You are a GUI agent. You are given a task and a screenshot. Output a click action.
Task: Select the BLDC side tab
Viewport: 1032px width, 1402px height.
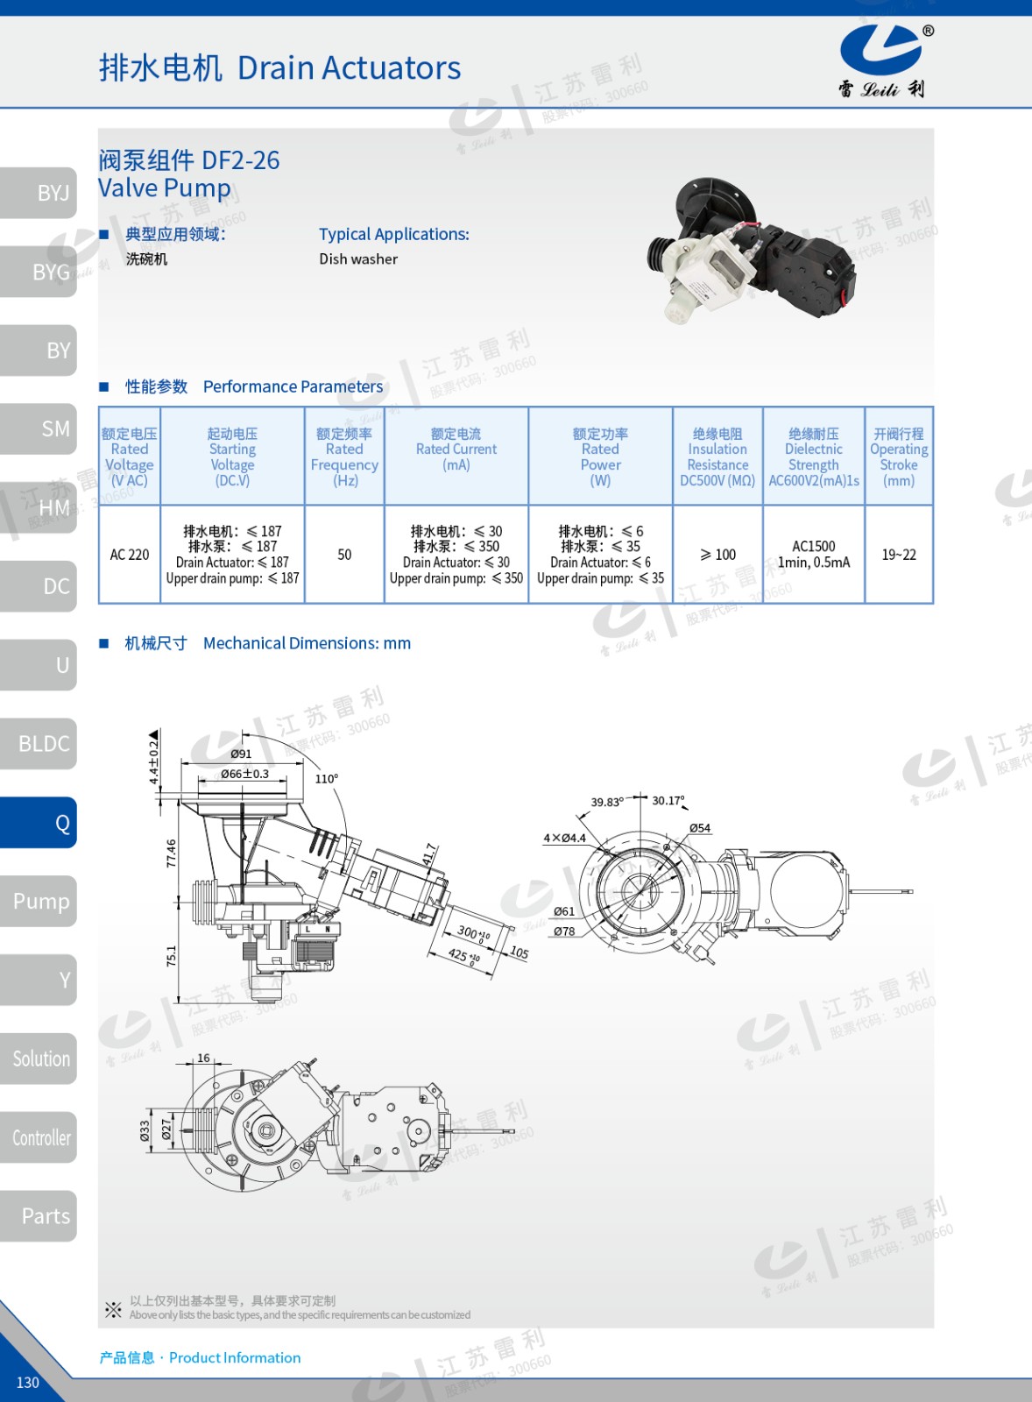coord(39,744)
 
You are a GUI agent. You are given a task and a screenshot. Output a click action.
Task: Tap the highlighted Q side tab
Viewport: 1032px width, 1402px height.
coord(39,823)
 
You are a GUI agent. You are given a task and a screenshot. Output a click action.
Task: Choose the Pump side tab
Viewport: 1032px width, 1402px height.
coord(39,902)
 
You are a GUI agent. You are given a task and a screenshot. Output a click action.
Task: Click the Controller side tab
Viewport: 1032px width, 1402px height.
coord(39,1137)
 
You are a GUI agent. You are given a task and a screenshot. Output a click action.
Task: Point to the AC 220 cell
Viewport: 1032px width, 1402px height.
coord(130,555)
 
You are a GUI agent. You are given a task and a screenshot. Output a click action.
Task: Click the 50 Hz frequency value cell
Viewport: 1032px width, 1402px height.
coord(344,555)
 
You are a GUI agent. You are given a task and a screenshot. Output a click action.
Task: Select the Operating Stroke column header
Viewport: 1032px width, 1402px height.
coord(899,457)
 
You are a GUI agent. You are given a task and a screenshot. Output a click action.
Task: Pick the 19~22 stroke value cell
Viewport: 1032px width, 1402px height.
coord(899,555)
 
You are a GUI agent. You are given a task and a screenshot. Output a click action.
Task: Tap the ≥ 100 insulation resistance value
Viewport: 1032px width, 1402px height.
coord(717,555)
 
